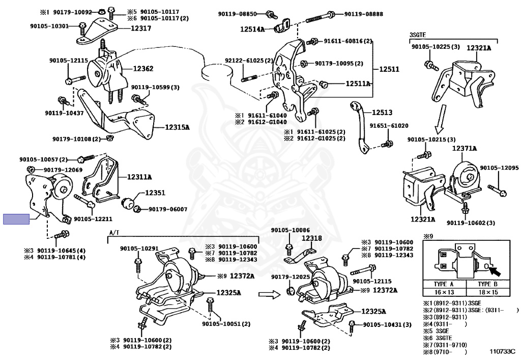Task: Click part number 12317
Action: pyautogui.click(x=140, y=29)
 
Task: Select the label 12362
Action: pyautogui.click(x=143, y=68)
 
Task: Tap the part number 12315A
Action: pyautogui.click(x=177, y=127)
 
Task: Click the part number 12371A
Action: pyautogui.click(x=465, y=148)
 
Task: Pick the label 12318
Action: pyautogui.click(x=311, y=238)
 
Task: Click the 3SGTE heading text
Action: pyautogui.click(x=417, y=35)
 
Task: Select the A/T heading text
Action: pyautogui.click(x=114, y=232)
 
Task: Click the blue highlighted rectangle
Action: pyautogui.click(x=16, y=219)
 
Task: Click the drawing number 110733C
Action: pyautogui.click(x=502, y=351)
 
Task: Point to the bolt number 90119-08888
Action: pyautogui.click(x=363, y=14)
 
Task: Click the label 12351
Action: pyautogui.click(x=155, y=193)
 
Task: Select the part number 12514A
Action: pyautogui.click(x=253, y=30)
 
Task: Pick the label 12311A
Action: pyautogui.click(x=140, y=177)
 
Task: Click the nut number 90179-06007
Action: pyautogui.click(x=168, y=209)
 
